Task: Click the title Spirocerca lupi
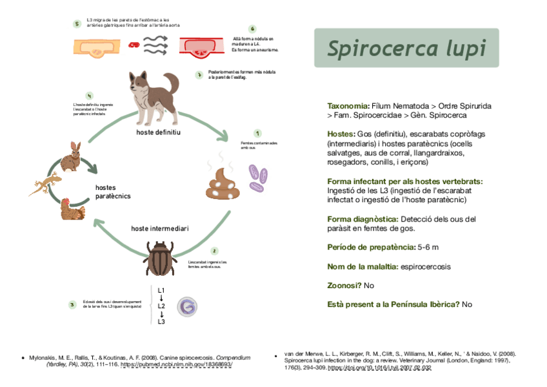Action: (x=406, y=48)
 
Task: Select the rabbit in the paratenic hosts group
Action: (x=71, y=156)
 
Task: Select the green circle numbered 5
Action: (x=77, y=24)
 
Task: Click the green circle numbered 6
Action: (x=252, y=29)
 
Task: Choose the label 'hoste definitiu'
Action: (x=158, y=132)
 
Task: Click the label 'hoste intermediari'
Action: (x=160, y=229)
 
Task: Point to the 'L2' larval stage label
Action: (x=162, y=305)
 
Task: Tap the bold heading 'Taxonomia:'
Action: (x=348, y=105)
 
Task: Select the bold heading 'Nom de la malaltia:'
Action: (x=363, y=266)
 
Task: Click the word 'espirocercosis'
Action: (x=425, y=266)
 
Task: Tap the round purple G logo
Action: (x=187, y=306)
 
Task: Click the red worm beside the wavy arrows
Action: (x=134, y=45)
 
